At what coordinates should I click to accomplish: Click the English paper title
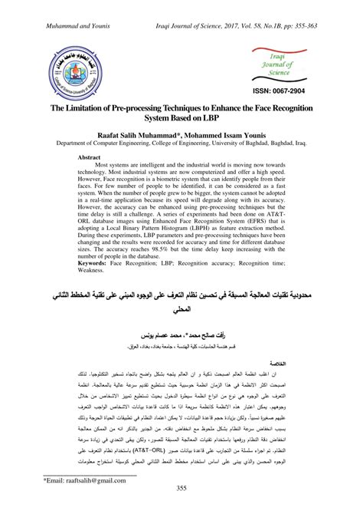click(x=181, y=115)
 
